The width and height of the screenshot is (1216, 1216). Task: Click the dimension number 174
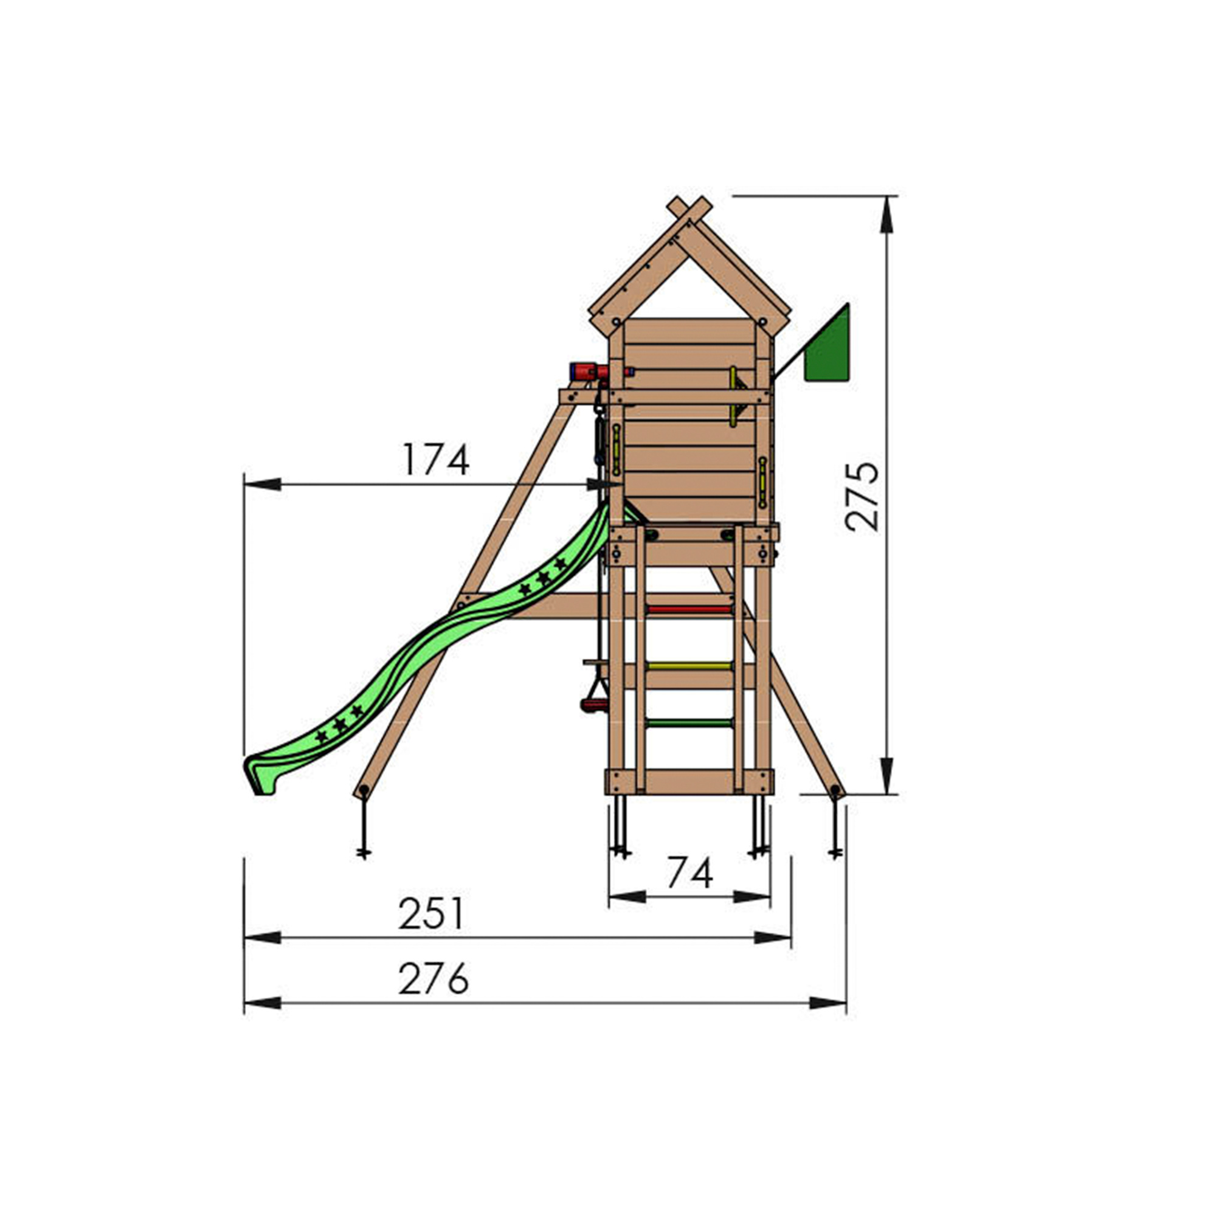(x=435, y=460)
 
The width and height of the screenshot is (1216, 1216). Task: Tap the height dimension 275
(x=862, y=497)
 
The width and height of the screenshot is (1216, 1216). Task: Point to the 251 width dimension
(x=431, y=914)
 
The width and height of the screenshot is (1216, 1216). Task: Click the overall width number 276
(x=434, y=979)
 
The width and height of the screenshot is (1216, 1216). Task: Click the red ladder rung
(x=689, y=609)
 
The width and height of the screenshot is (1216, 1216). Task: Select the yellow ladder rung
(x=689, y=666)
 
